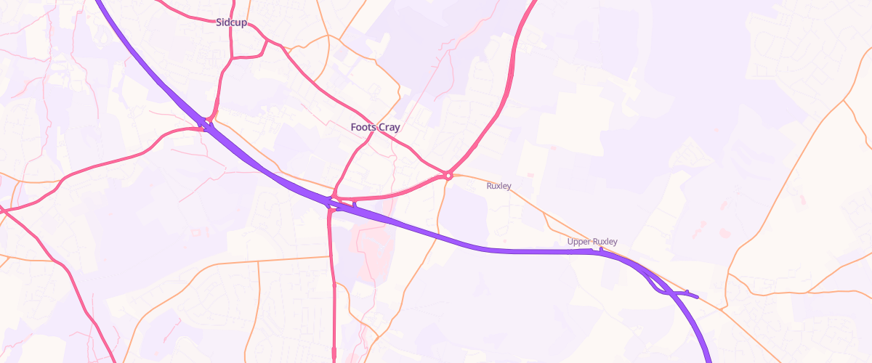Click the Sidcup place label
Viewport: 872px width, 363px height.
[x=231, y=23]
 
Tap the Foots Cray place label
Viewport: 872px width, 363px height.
[x=375, y=127]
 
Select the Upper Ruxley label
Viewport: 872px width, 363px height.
[x=592, y=242]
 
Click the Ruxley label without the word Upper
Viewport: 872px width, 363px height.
[x=498, y=186]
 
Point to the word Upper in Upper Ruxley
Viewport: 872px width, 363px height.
[x=579, y=242]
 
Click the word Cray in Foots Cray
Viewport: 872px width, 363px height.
[x=389, y=127]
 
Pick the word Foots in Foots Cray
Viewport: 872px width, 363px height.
[x=363, y=127]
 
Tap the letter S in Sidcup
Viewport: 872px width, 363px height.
[x=219, y=23]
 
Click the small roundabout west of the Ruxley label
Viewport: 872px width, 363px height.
[x=448, y=175]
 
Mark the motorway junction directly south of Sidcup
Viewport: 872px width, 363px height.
[x=208, y=126]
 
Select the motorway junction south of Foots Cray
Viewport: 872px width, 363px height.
[x=331, y=203]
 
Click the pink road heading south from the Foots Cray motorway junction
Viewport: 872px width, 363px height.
[x=332, y=276]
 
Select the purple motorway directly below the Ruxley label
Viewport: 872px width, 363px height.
[x=501, y=250]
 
